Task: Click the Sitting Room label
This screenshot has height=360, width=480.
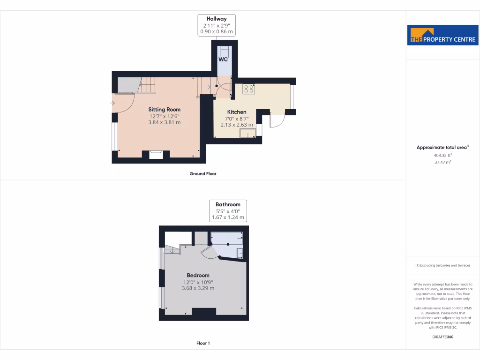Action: pos(165,110)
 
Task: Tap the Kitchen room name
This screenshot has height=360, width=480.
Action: pos(237,112)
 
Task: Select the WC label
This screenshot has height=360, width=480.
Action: pos(223,60)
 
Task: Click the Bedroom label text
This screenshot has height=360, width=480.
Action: pos(198,275)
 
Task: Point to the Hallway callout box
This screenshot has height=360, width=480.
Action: pos(217,25)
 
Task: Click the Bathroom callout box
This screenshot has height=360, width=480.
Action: pos(228,211)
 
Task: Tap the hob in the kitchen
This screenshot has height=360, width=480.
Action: pos(248,89)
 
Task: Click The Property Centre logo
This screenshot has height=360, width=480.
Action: pos(443,35)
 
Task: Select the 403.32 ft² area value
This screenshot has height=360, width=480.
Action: pos(442,155)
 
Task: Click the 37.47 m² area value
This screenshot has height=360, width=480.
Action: pos(442,162)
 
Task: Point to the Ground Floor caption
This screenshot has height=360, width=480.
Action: pos(203,173)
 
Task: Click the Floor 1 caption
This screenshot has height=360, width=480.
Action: pos(203,343)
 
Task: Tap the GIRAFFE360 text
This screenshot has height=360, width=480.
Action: pos(442,337)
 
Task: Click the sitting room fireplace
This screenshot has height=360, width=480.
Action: pos(156,154)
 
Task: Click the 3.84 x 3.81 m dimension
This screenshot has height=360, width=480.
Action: pos(165,122)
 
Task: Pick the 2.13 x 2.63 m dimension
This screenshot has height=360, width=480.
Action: pos(237,125)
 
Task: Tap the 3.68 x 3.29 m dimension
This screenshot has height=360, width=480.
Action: pos(198,288)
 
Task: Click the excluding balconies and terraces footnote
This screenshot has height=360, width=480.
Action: pos(442,265)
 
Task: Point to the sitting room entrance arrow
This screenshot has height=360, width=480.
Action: pos(112,103)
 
